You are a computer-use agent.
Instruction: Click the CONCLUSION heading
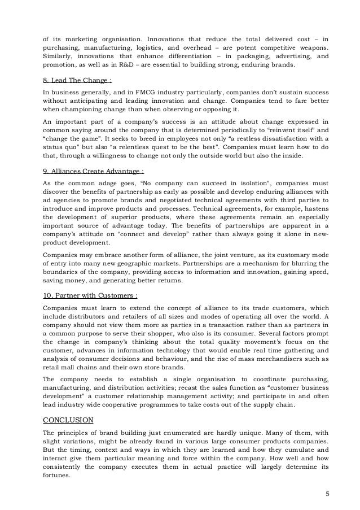69,420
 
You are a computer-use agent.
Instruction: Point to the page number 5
328,494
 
